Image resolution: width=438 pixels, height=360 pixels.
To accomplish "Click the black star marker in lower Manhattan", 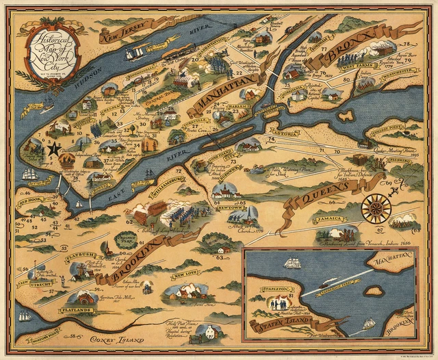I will click(53, 146).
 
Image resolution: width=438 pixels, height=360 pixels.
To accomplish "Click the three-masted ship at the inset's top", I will click(294, 262).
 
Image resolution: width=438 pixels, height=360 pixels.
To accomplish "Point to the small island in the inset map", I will click(372, 291).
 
